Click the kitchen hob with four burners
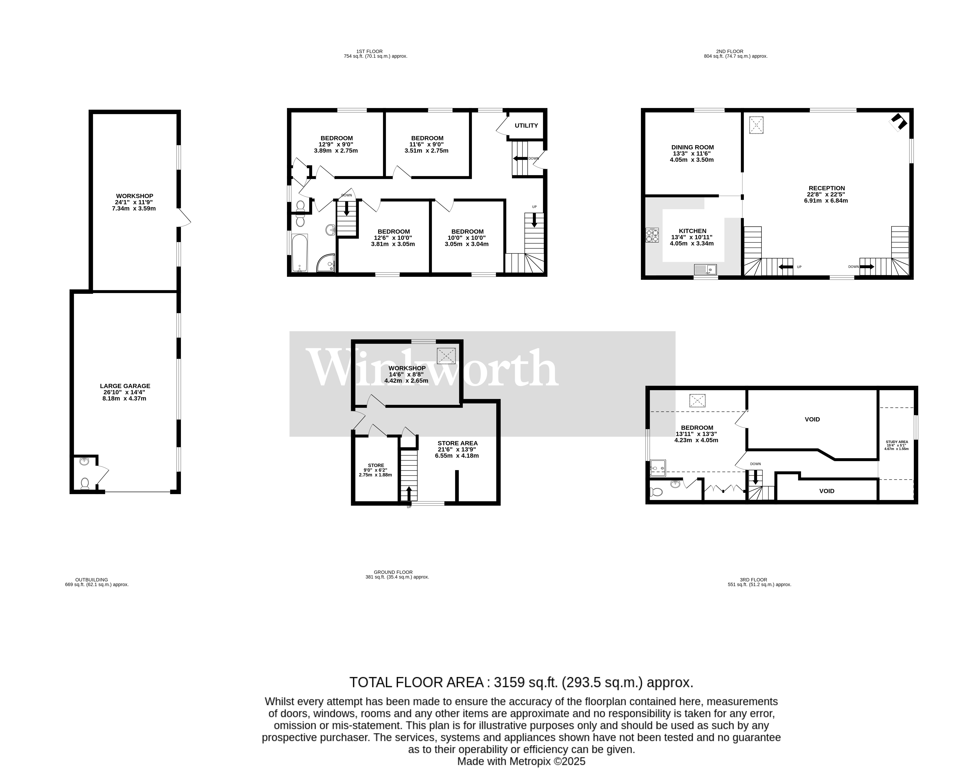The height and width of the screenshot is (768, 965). pyautogui.click(x=652, y=235)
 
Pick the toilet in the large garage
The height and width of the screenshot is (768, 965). pyautogui.click(x=85, y=483)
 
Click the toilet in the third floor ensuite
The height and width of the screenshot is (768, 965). pyautogui.click(x=656, y=492)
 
